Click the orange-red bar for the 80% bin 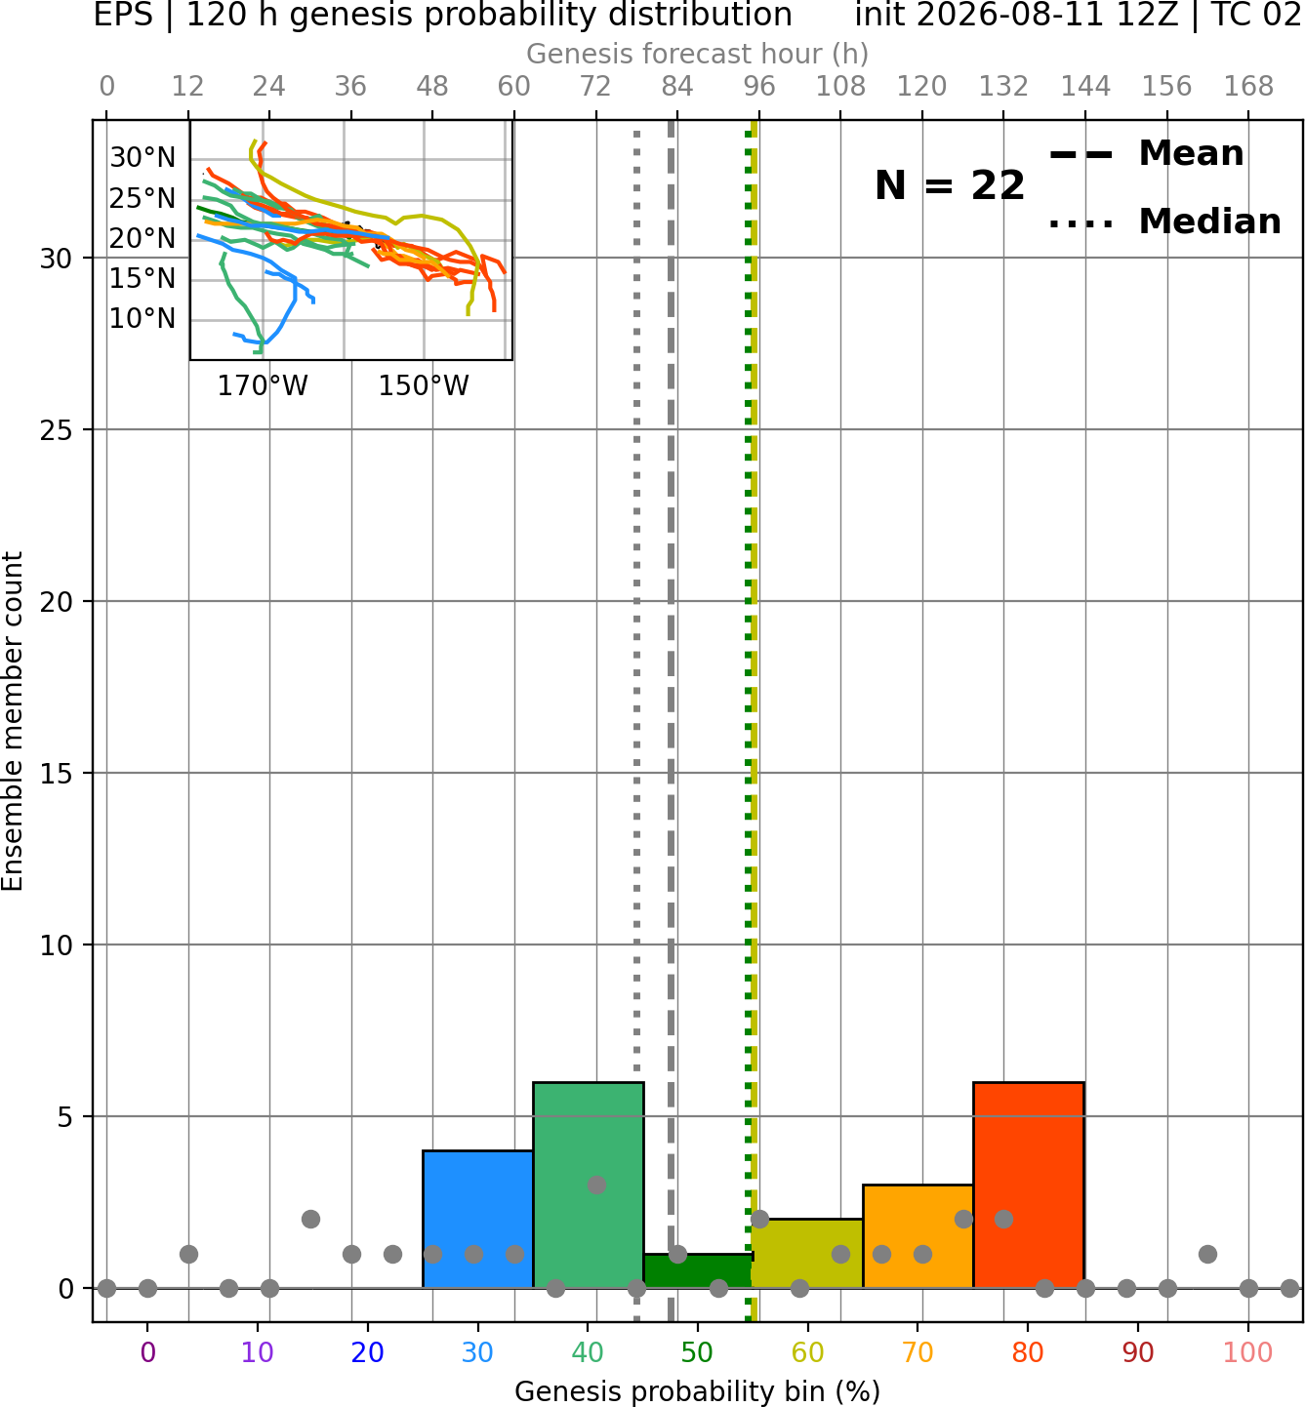(x=1029, y=1186)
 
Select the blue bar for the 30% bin (x=477, y=1220)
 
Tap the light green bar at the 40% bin (x=589, y=1186)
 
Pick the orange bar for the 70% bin (x=918, y=1236)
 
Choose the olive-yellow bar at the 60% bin (x=807, y=1253)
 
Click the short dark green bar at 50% (x=698, y=1271)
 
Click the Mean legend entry (x=1146, y=153)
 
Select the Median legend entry (x=1165, y=221)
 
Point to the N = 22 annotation (x=949, y=185)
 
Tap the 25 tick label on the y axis (x=57, y=430)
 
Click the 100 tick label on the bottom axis (x=1248, y=1353)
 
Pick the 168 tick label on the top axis (x=1249, y=87)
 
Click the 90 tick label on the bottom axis (x=1138, y=1353)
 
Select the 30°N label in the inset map (x=143, y=157)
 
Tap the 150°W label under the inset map (x=424, y=386)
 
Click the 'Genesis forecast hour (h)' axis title (x=698, y=54)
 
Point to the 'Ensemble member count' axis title (x=13, y=721)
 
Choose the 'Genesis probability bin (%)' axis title (x=698, y=1391)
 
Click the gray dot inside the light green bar (x=596, y=1185)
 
